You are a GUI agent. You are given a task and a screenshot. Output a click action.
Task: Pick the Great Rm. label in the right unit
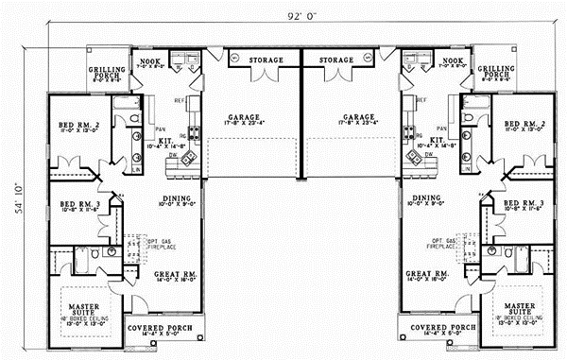point(426,275)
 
